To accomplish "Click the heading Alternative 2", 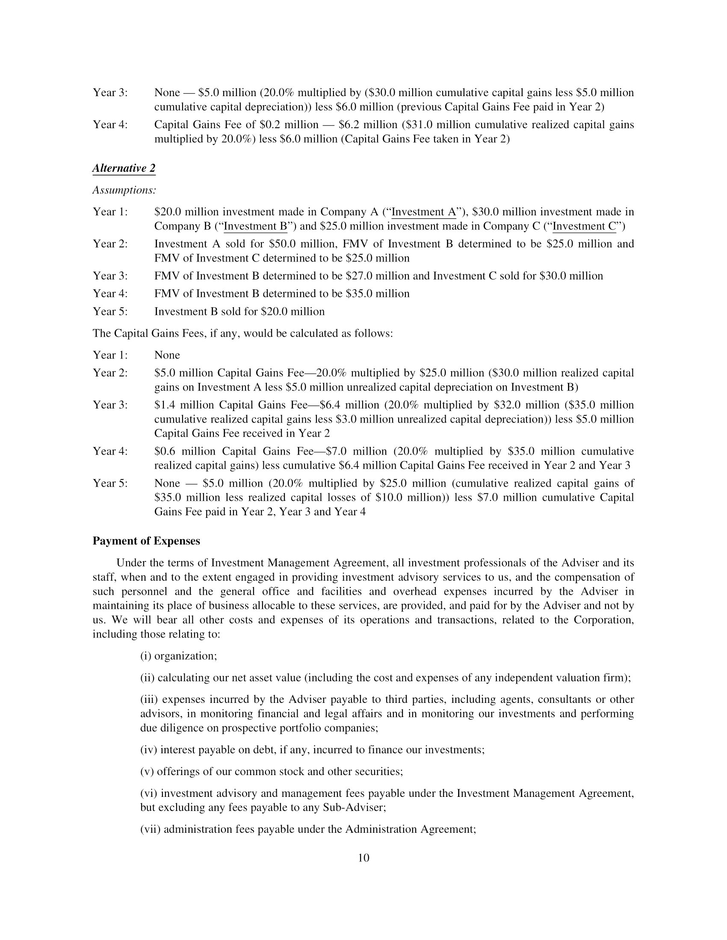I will (124, 168).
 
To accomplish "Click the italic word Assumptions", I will (124, 190).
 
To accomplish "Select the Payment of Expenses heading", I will (146, 541).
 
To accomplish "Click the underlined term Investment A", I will (423, 212).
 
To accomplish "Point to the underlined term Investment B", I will (256, 226).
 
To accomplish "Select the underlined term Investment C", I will (585, 226).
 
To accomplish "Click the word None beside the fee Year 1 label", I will (167, 355).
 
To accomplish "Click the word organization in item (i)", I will (185, 656).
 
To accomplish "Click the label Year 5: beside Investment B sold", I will (110, 311).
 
